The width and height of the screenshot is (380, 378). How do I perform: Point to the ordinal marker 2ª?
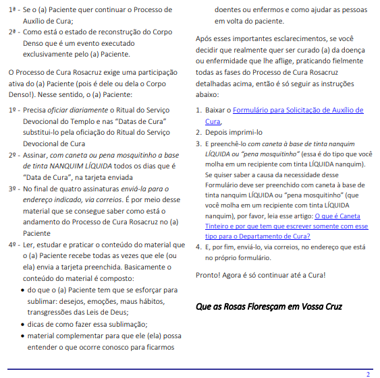point(12,32)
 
